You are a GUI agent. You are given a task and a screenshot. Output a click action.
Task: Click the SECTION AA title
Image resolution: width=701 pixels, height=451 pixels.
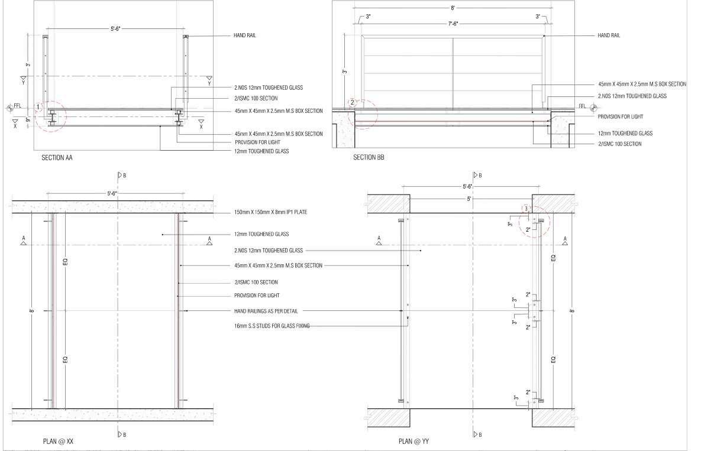point(57,158)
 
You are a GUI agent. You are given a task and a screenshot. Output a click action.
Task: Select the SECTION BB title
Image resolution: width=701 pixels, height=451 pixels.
point(369,157)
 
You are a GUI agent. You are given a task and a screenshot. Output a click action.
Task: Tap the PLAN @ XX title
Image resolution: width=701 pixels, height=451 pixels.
point(58,441)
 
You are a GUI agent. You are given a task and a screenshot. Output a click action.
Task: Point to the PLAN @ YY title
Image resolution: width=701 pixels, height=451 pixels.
point(413,441)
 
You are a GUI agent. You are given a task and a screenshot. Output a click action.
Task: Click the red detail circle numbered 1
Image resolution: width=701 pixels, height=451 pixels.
point(51,115)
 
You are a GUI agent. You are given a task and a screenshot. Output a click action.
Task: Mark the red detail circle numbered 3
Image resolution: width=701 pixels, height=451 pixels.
point(535,221)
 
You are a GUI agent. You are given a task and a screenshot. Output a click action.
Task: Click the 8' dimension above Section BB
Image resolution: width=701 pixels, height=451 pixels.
point(453,8)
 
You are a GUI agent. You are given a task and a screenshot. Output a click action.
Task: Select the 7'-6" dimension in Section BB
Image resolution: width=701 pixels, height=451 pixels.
point(453,24)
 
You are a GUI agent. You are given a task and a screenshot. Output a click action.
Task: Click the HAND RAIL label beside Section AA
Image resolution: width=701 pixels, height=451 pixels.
point(245,35)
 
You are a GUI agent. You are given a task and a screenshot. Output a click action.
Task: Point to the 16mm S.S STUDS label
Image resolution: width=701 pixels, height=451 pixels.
point(272,326)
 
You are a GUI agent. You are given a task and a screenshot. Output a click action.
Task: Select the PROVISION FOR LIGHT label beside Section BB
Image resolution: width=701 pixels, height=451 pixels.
point(620,116)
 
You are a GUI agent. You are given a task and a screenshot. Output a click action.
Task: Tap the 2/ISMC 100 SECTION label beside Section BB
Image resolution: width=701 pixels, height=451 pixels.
point(619,144)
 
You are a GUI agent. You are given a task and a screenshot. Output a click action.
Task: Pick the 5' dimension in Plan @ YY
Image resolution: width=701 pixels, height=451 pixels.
point(469,199)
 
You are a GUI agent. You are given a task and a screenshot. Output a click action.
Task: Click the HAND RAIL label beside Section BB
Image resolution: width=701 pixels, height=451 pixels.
point(609,35)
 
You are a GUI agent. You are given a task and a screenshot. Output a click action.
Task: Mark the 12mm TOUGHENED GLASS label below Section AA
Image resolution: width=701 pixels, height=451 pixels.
point(261,151)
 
